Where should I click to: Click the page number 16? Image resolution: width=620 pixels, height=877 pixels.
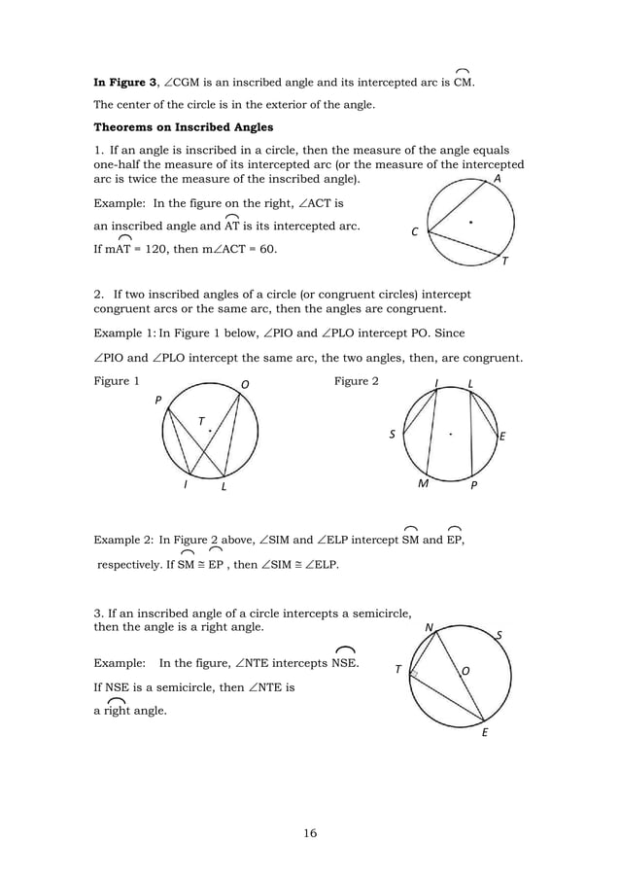[309, 832]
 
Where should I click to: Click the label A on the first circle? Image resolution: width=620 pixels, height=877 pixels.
[498, 180]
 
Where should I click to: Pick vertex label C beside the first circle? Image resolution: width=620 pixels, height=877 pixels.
[414, 232]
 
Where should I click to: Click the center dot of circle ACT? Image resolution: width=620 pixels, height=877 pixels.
[471, 223]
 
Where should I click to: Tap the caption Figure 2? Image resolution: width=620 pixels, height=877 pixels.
[357, 381]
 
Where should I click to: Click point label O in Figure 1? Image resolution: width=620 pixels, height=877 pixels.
[245, 383]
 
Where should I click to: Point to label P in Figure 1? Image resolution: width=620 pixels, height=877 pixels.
[157, 400]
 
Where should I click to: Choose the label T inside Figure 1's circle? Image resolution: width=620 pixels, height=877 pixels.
[201, 421]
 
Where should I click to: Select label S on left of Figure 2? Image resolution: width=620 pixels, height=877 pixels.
[393, 436]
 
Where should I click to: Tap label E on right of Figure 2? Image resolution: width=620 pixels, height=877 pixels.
[502, 438]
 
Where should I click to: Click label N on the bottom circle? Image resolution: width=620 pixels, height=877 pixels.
[429, 628]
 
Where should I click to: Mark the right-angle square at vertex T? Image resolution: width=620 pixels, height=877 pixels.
[415, 673]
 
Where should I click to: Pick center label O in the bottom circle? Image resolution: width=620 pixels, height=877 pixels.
[465, 671]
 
